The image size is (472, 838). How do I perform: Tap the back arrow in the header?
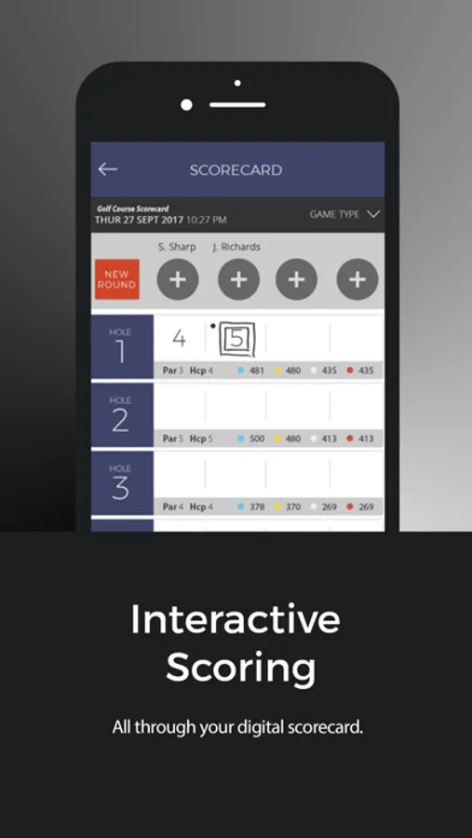tap(108, 169)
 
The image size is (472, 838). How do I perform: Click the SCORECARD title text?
tap(236, 170)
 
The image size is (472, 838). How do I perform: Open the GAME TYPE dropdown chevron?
tap(373, 214)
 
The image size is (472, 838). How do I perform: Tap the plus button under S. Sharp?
tap(178, 279)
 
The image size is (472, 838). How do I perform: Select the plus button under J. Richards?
tap(238, 279)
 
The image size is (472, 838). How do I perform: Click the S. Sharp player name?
tap(177, 247)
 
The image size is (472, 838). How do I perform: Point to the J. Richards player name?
tap(236, 247)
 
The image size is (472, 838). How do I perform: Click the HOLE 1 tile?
tap(121, 346)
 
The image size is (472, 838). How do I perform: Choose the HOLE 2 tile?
tap(121, 414)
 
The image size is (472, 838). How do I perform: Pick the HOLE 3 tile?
tap(121, 482)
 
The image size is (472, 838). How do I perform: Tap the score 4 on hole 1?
tap(179, 338)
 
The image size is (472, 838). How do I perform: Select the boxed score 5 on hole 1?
tap(236, 339)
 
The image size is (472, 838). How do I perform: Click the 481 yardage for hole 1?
tap(256, 371)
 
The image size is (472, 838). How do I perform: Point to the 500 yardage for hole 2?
tap(256, 439)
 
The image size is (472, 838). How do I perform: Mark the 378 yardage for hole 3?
tap(256, 507)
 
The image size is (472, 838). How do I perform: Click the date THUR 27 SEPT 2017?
tap(139, 220)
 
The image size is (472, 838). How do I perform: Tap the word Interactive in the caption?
tap(236, 619)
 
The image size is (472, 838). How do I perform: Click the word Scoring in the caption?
tap(240, 669)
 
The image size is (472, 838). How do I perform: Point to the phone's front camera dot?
tap(187, 105)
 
